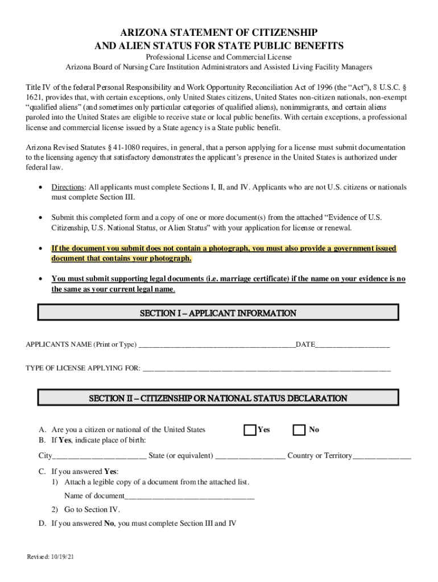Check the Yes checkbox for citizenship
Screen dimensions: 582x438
pyautogui.click(x=250, y=430)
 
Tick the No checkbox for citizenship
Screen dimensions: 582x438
pyautogui.click(x=299, y=430)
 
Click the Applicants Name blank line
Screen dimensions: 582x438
pyautogui.click(x=217, y=345)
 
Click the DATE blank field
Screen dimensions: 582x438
pyautogui.click(x=353, y=345)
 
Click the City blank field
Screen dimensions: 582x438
pyautogui.click(x=100, y=456)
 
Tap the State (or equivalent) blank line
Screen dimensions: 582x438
pyautogui.click(x=250, y=456)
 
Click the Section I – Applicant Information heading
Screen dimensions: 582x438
pyautogui.click(x=218, y=313)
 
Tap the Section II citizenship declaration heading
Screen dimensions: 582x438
pyautogui.click(x=218, y=398)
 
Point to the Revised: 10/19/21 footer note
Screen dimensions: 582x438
pyautogui.click(x=51, y=557)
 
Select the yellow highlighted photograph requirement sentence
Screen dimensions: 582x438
pyautogui.click(x=224, y=253)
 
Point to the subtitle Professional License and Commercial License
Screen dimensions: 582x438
pyautogui.click(x=218, y=57)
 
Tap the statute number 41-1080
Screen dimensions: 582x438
pyautogui.click(x=121, y=148)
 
